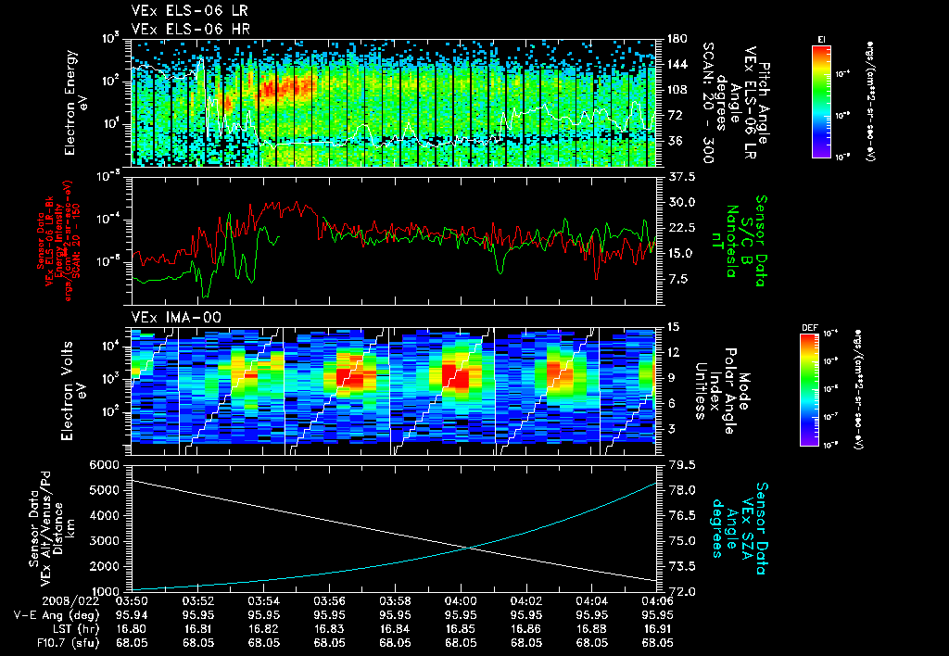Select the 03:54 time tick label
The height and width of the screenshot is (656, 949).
coord(264,600)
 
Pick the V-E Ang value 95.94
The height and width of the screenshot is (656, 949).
coord(133,614)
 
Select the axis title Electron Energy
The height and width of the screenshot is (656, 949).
coord(70,102)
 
